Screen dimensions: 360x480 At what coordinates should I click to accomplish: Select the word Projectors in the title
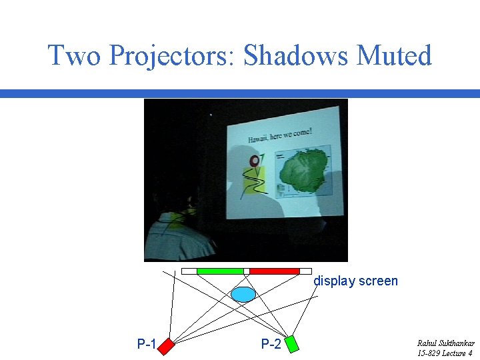pos(169,55)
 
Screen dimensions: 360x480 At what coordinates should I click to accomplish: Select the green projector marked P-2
pos(291,344)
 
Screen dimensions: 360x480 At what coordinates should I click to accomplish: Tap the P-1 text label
pos(146,345)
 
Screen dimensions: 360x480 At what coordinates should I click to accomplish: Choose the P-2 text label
pos(271,345)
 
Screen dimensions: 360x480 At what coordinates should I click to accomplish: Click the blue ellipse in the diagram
pos(243,294)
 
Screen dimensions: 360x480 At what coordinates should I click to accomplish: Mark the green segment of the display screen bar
pos(220,271)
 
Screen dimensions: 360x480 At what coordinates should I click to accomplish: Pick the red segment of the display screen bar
pos(274,271)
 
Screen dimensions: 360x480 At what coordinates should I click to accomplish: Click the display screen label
pos(355,281)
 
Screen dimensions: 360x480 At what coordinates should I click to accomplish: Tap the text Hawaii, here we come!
pos(279,135)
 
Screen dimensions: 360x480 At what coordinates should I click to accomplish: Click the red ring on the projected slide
pos(254,161)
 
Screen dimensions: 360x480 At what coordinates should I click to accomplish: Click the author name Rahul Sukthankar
pos(445,343)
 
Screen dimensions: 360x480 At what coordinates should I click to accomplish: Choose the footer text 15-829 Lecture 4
pos(445,353)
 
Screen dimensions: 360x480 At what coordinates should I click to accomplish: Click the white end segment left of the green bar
pos(189,271)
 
